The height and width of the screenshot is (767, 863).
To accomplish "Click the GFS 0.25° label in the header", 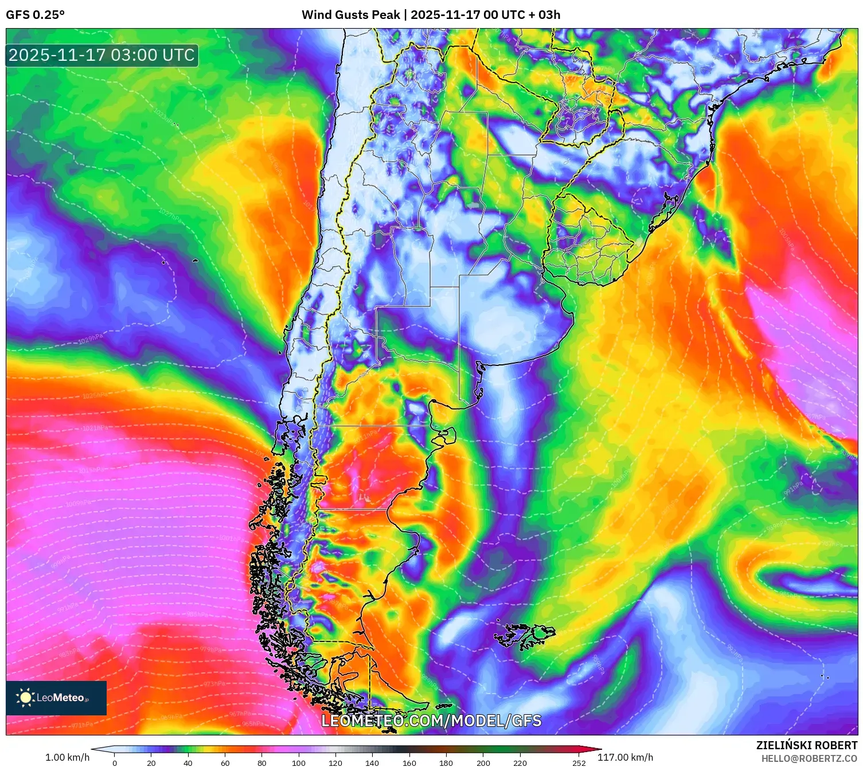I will (35, 15).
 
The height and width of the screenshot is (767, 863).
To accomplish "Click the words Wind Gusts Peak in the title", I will (350, 15).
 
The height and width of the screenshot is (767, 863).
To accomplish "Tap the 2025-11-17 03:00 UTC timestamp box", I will (102, 56).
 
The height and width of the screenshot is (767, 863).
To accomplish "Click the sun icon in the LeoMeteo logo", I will (25, 698).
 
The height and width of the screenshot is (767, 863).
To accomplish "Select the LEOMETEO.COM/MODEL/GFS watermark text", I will (431, 721).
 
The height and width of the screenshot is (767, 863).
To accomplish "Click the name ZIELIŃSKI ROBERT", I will (807, 745).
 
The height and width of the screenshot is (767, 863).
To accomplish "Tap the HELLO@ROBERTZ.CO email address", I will (809, 758).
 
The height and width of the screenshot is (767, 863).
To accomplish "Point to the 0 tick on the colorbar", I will (115, 762).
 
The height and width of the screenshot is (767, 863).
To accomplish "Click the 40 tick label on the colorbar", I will (188, 762).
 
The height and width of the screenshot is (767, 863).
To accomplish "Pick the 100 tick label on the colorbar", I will (299, 762).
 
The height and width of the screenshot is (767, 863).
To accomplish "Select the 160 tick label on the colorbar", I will (409, 762).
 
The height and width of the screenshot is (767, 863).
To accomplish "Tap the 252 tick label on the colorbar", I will (579, 762).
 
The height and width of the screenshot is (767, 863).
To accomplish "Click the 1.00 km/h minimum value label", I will (68, 757).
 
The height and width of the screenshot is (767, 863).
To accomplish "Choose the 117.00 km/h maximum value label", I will (626, 757).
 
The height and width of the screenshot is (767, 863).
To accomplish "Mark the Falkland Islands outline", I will (525, 636).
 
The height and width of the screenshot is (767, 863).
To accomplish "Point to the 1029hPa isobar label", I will (91, 339).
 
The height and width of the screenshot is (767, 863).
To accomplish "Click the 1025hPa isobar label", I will (95, 396).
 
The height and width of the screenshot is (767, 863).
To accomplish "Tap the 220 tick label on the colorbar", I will (520, 762).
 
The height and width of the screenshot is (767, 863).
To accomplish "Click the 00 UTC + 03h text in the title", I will (522, 15).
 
